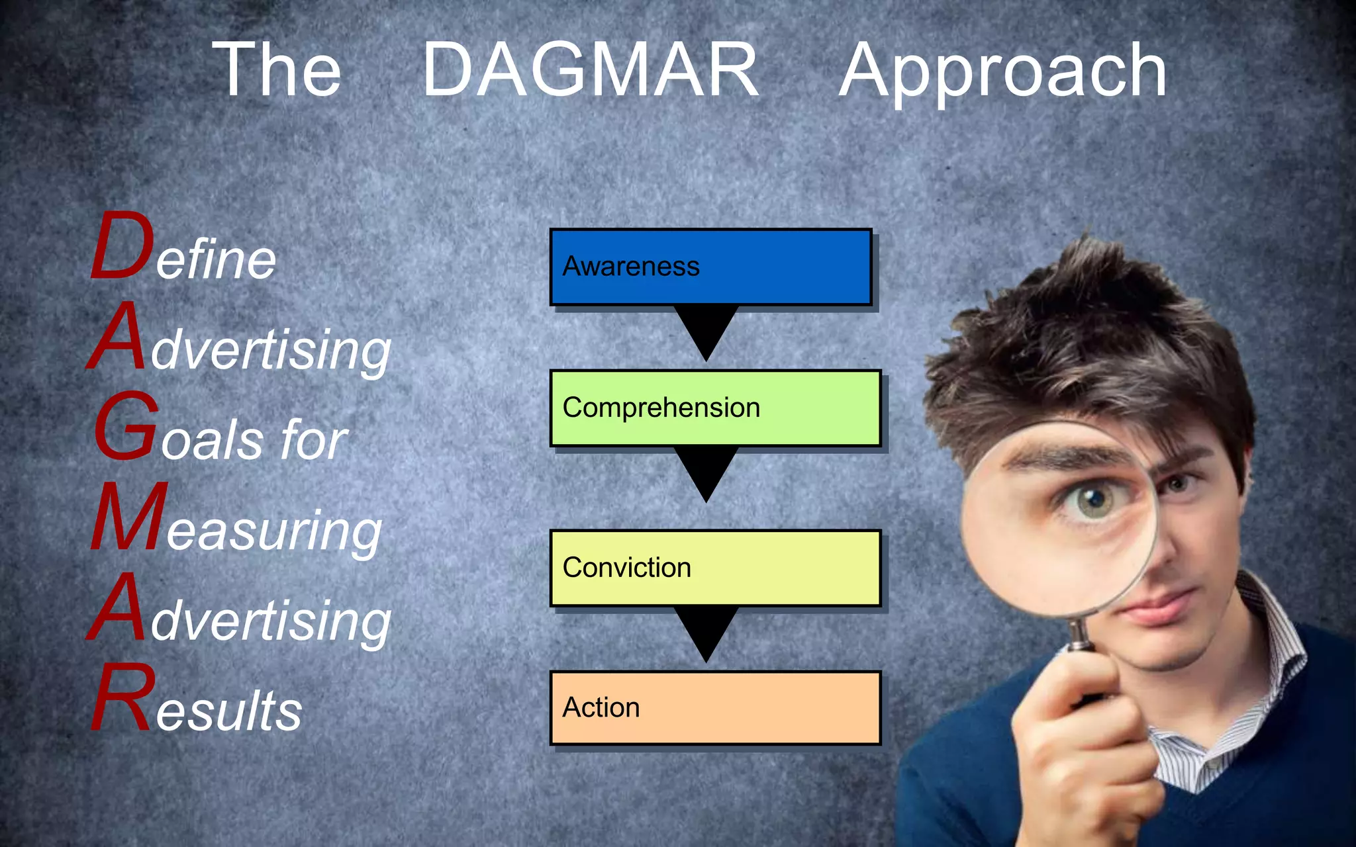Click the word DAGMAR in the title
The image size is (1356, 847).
pos(591,69)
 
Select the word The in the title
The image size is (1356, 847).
pos(277,69)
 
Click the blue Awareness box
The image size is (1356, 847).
pos(710,267)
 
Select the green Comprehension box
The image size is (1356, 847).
pos(715,408)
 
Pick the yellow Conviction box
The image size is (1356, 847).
pos(715,568)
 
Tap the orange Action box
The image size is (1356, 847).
pos(715,707)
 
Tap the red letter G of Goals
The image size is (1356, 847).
pos(126,427)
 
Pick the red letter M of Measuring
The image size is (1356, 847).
pos(129,517)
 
